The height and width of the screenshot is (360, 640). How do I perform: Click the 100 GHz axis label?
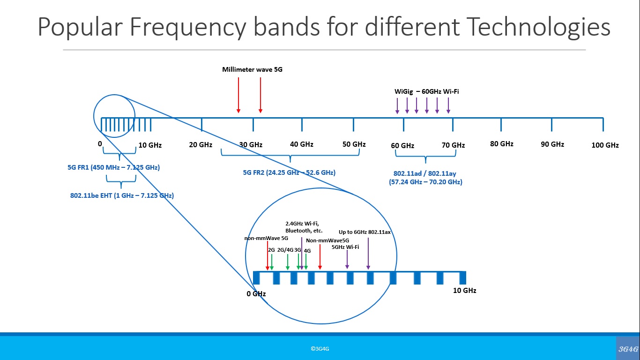tap(605, 145)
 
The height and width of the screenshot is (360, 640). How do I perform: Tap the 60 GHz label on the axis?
tap(402, 146)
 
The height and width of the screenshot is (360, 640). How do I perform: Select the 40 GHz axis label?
tap(302, 144)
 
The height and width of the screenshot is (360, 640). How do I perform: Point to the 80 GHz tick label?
tap(502, 144)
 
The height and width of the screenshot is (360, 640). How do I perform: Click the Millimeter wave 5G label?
tap(252, 70)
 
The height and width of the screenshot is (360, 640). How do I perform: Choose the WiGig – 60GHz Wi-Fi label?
tap(426, 91)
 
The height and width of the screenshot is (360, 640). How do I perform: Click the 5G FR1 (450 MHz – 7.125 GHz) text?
tap(114, 167)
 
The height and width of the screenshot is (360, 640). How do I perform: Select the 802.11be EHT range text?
tap(122, 195)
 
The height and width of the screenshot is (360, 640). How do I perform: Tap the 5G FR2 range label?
tap(289, 172)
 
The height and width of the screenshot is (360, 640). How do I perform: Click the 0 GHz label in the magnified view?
tap(256, 294)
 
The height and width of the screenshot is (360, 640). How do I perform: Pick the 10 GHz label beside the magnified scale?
tap(464, 291)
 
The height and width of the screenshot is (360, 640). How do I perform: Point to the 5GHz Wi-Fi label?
tap(345, 247)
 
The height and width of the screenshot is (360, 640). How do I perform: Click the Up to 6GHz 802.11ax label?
tap(365, 232)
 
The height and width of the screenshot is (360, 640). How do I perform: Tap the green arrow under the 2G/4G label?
tap(288, 262)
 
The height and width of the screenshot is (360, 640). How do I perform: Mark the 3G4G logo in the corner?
tap(628, 349)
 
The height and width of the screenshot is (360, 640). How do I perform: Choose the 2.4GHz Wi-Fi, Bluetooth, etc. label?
tap(304, 227)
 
